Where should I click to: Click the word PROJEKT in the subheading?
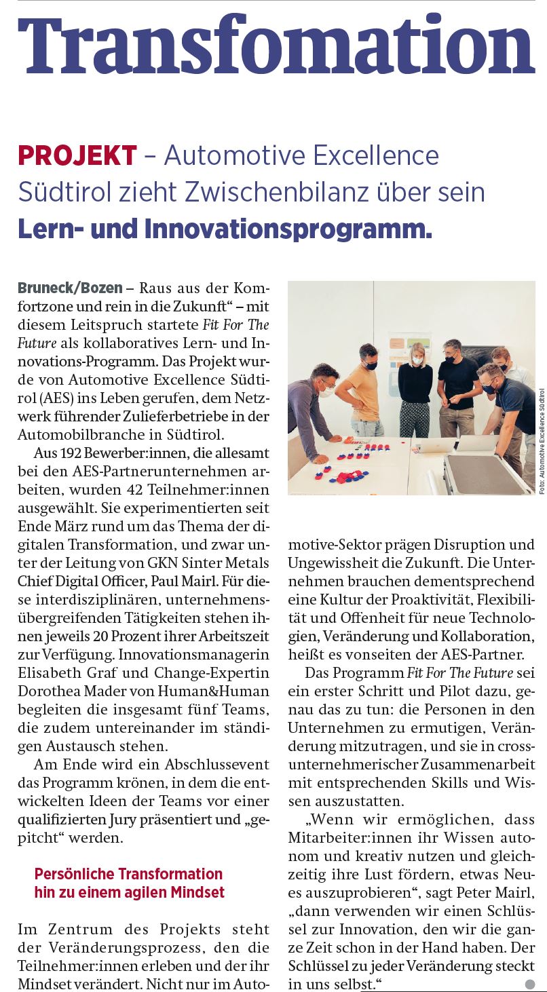77,156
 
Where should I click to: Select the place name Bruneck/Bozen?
70,288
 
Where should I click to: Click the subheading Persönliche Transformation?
128,873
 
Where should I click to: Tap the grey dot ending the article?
530,984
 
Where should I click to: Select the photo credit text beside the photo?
542,441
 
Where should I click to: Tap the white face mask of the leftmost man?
327,392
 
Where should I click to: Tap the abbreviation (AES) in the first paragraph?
33,398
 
